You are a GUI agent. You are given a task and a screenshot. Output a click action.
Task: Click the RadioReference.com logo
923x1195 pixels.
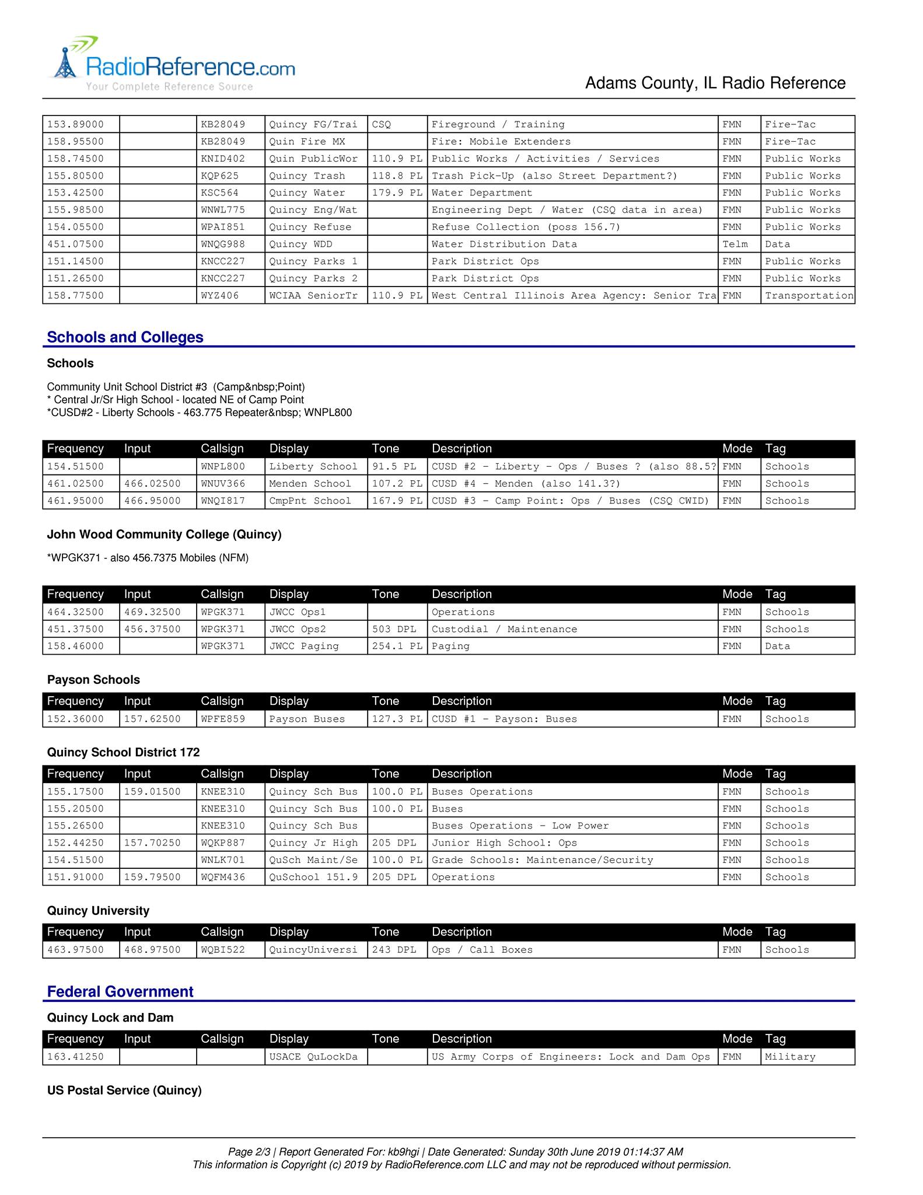173,65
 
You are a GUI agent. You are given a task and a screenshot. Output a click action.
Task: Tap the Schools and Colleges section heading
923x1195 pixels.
125,337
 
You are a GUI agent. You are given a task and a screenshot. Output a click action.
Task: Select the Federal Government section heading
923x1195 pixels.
120,991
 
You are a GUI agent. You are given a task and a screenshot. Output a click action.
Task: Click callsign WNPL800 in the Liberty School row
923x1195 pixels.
223,466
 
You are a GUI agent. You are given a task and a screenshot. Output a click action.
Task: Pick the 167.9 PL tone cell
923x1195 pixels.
397,501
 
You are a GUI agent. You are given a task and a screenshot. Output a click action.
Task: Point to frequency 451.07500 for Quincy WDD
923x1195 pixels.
75,244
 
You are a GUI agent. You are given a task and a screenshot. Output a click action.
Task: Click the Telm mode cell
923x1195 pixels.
735,244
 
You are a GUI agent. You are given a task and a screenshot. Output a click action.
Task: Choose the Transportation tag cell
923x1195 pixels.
809,295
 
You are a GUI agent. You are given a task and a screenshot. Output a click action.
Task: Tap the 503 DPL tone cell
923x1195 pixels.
394,629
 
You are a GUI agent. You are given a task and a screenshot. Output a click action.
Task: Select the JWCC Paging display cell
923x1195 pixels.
303,646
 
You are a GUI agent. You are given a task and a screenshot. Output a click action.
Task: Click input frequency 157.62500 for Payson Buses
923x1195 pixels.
152,719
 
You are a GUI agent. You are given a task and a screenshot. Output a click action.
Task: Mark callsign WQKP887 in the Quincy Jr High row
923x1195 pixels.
223,843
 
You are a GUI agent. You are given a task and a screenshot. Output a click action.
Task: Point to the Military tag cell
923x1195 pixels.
790,1057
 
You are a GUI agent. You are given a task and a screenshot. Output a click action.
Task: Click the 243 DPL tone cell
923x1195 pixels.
394,950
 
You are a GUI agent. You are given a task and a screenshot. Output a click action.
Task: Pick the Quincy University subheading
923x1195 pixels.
98,911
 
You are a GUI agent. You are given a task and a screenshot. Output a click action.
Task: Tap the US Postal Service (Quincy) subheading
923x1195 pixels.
124,1091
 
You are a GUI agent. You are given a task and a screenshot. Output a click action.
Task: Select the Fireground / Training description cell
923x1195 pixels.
498,124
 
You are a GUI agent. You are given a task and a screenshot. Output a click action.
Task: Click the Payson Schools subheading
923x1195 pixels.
93,680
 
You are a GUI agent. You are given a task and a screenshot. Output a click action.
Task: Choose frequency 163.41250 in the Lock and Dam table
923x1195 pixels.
75,1057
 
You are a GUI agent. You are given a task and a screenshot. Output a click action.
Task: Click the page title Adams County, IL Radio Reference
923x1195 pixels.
715,83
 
